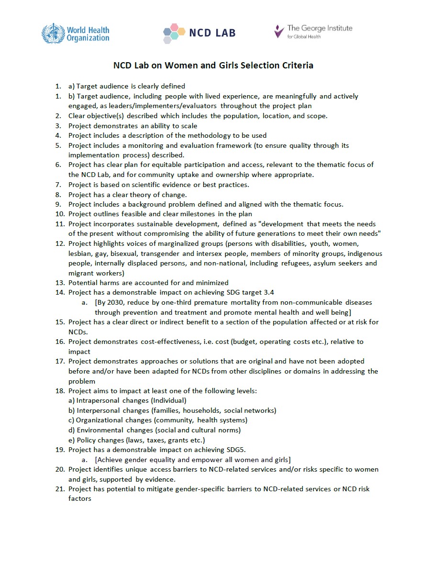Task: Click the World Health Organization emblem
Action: click(x=52, y=33)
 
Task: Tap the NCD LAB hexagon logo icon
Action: click(x=174, y=32)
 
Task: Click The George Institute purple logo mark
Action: click(x=279, y=32)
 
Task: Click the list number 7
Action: click(x=58, y=185)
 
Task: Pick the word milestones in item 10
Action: click(x=204, y=214)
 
